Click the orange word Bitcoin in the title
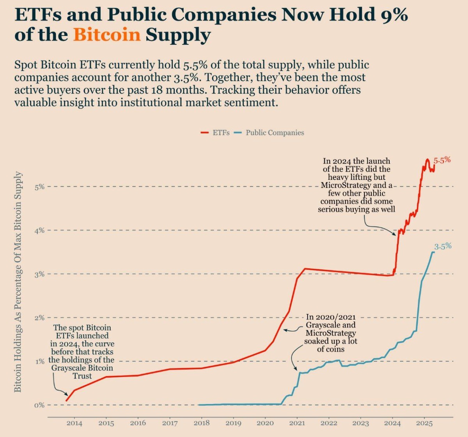pyautogui.click(x=106, y=35)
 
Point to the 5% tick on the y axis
pyautogui.click(x=39, y=187)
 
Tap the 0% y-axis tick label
pyautogui.click(x=39, y=405)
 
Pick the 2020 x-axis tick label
pyautogui.click(x=265, y=423)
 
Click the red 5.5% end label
pyautogui.click(x=442, y=160)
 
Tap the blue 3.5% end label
pyautogui.click(x=443, y=246)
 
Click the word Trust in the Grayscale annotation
pyautogui.click(x=82, y=376)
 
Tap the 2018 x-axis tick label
pyautogui.click(x=201, y=423)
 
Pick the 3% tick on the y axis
pyautogui.click(x=39, y=274)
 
